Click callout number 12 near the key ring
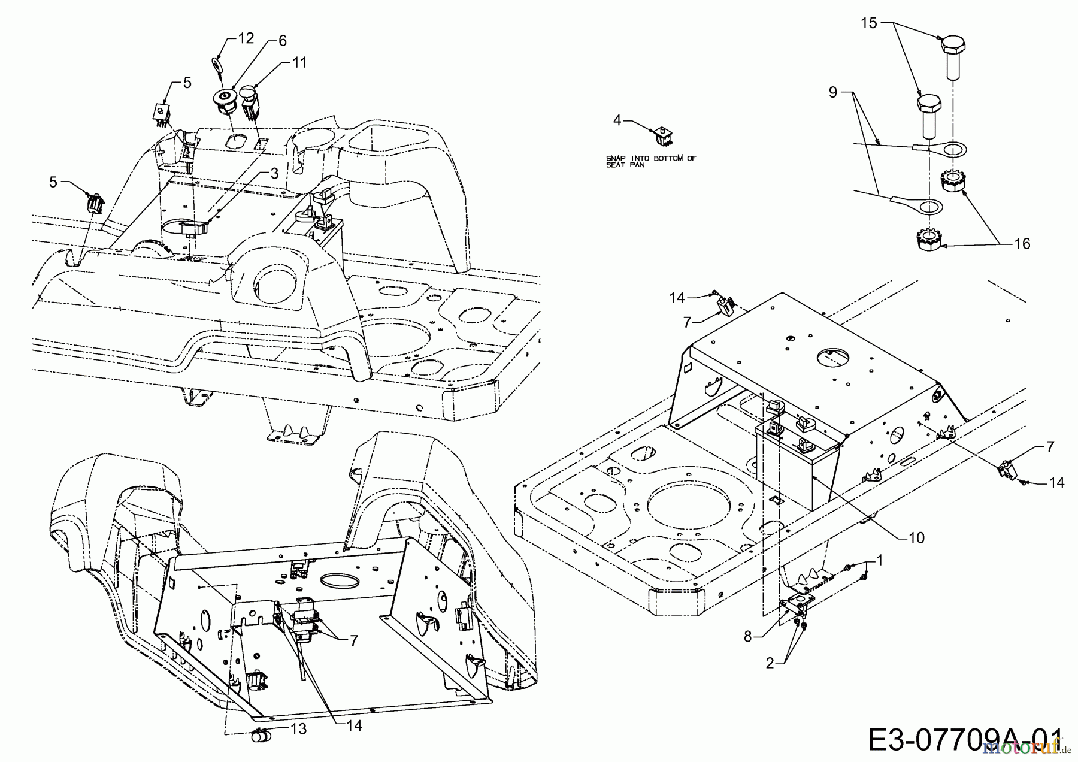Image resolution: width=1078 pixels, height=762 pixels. coord(246,38)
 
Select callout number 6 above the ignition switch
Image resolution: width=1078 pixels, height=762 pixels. coord(282,40)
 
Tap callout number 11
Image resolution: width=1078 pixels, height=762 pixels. coord(299,62)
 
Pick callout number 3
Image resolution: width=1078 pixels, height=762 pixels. coord(274,173)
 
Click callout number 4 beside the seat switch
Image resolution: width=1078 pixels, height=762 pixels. coord(617,120)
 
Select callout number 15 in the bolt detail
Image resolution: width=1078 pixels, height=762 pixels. coord(869,23)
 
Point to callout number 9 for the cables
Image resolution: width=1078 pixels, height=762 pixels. coord(832,93)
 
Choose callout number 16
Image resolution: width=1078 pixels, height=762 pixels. coord(1022,243)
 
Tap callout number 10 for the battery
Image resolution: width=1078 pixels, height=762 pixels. coord(917,538)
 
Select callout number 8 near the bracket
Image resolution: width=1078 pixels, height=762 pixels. coord(747,636)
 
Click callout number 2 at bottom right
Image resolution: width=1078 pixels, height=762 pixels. coord(771,663)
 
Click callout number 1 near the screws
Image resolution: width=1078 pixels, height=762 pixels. coord(880,560)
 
